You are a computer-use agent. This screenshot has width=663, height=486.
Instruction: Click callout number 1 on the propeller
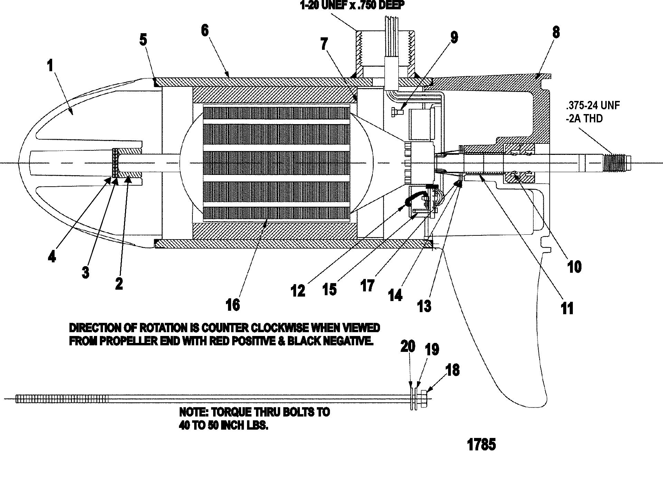point(50,65)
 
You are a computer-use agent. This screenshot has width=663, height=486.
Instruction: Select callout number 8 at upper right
point(556,32)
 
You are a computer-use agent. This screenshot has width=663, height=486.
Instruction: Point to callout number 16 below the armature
point(233,305)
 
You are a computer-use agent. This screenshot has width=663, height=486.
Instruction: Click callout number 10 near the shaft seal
point(575,267)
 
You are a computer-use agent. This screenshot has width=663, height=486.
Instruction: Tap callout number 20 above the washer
point(408,346)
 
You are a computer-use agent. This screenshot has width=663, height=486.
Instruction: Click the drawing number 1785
point(481,445)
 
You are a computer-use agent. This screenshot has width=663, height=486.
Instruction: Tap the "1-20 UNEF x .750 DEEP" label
point(352,6)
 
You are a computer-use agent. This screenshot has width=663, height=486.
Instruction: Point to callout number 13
point(424,306)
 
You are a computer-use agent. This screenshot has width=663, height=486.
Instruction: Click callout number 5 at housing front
point(143,40)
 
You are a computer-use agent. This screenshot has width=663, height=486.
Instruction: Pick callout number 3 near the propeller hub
point(85,273)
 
